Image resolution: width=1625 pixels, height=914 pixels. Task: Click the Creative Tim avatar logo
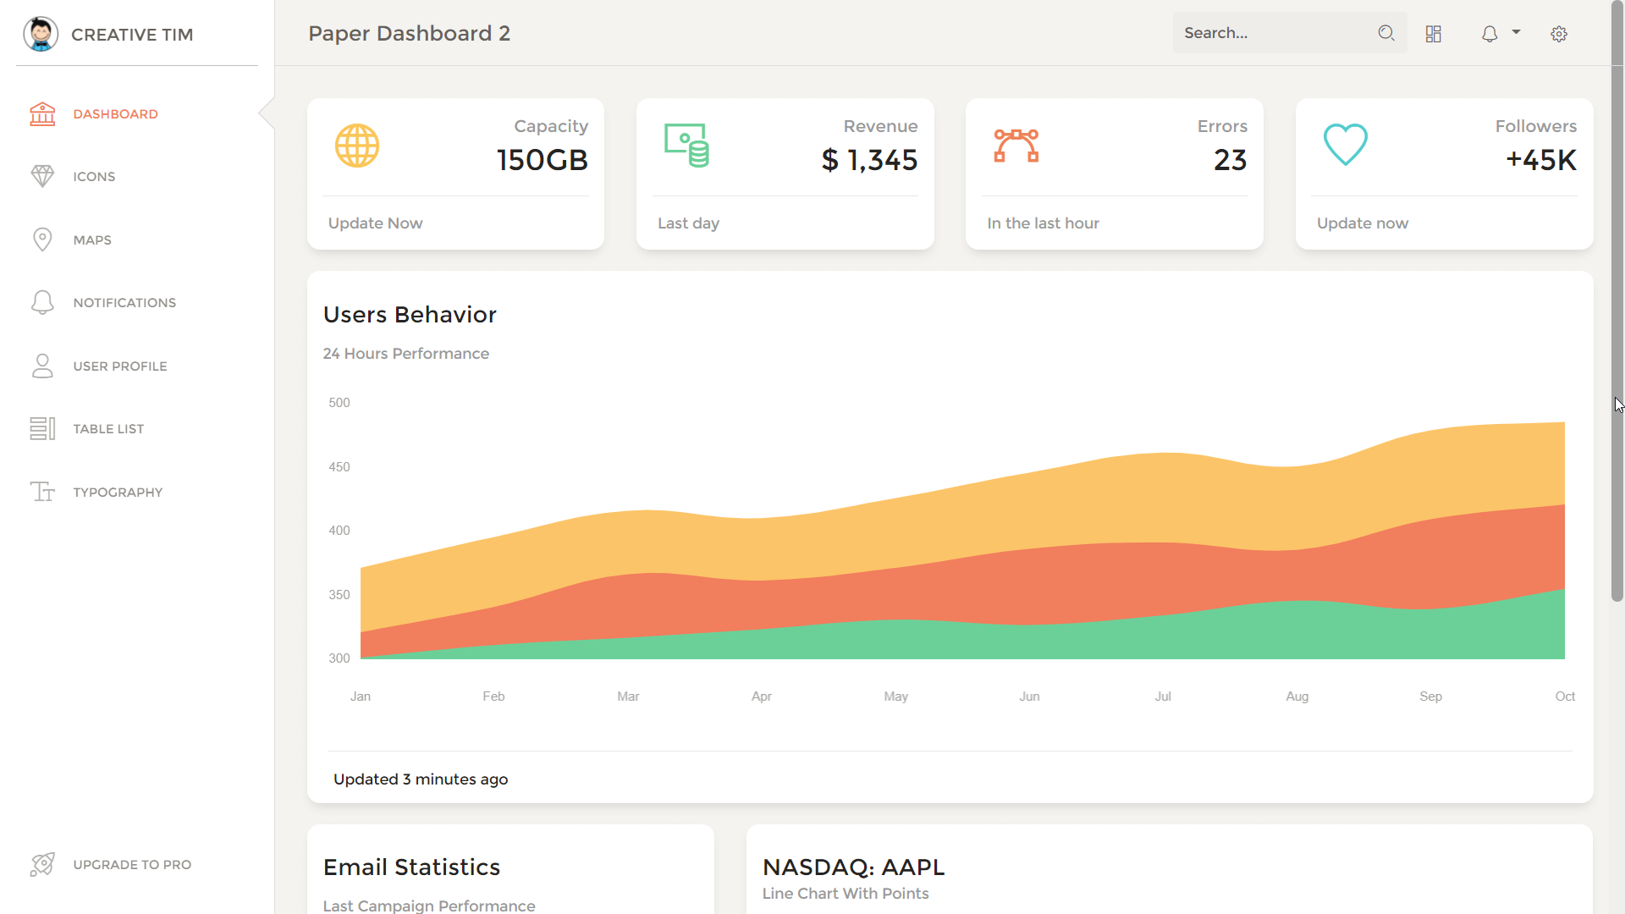tap(41, 34)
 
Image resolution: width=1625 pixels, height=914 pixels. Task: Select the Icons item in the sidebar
tap(94, 177)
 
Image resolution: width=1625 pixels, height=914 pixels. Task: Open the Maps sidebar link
tap(92, 240)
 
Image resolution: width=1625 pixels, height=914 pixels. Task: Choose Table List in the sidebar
tap(108, 429)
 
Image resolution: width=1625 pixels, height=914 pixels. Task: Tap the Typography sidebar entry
tap(118, 493)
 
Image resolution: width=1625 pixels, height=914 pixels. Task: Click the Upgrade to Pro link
tap(132, 865)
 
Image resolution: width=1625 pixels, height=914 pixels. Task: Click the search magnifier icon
tap(1386, 33)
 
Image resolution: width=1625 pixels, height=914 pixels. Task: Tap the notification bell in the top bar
tap(1490, 34)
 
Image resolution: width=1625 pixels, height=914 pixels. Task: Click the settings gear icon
tap(1559, 34)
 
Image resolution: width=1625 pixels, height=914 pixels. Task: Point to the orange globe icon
tap(357, 146)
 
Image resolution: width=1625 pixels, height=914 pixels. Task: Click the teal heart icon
tap(1345, 145)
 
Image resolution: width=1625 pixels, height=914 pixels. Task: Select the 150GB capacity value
tap(543, 160)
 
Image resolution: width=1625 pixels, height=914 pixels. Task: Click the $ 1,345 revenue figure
tap(869, 160)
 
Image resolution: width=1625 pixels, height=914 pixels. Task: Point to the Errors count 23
tap(1230, 160)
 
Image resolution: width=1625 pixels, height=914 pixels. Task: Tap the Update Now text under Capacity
tap(375, 223)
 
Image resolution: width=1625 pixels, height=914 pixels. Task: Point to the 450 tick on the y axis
tap(339, 467)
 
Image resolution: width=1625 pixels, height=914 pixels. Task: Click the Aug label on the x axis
tap(1297, 697)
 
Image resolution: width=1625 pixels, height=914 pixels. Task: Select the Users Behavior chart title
tap(410, 315)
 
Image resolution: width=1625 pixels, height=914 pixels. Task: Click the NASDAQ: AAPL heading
tap(853, 867)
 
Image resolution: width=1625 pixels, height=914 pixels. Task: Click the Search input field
tap(1274, 33)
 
